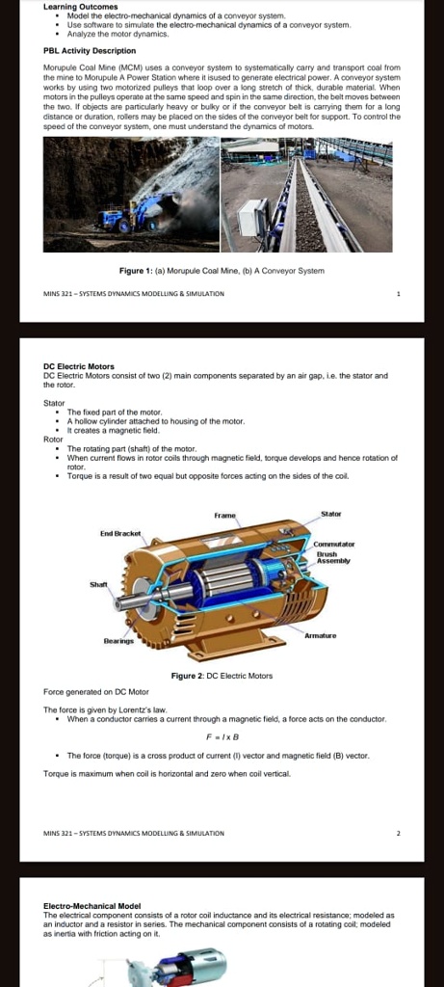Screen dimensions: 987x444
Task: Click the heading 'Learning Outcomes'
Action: coord(78,7)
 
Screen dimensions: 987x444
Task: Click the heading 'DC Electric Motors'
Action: coord(79,366)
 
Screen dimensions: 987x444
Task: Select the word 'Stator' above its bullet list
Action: coord(54,402)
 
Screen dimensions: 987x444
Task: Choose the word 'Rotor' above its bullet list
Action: coord(53,440)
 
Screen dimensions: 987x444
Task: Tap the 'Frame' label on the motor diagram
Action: coord(226,517)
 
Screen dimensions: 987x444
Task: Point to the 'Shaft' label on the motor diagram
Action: coord(99,584)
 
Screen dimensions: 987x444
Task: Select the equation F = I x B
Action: coord(222,735)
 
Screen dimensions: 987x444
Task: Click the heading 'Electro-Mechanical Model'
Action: coord(92,906)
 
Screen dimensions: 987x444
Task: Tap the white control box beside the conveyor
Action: coord(253,221)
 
